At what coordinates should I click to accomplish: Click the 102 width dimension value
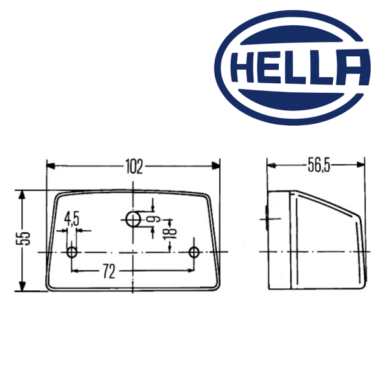[134, 166]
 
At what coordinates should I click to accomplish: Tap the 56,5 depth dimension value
[319, 165]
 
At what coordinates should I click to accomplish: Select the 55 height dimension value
[23, 238]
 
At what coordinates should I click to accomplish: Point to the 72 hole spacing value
[109, 271]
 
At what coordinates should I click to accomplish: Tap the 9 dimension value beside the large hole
[155, 219]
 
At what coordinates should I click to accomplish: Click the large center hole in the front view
[134, 219]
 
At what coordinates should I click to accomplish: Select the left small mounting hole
[72, 252]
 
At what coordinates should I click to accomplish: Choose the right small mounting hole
[194, 252]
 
